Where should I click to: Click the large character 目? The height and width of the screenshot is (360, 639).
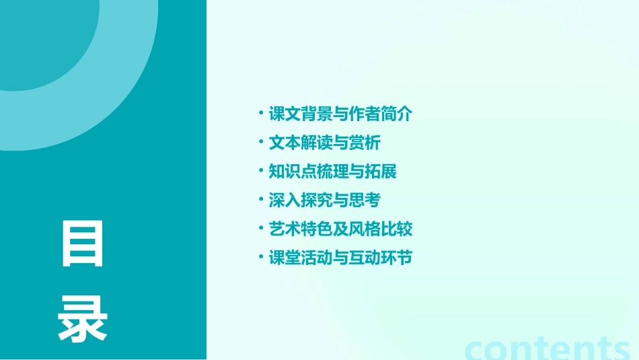pyautogui.click(x=83, y=244)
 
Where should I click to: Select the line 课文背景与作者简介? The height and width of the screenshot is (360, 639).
pyautogui.click(x=340, y=114)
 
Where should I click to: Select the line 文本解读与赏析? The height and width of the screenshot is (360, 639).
pyautogui.click(x=325, y=143)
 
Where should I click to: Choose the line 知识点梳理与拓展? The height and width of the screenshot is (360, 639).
pyautogui.click(x=333, y=172)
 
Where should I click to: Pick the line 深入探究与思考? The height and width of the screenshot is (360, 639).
pyautogui.click(x=325, y=200)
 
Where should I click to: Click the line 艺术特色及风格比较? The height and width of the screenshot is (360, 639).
pyautogui.click(x=340, y=229)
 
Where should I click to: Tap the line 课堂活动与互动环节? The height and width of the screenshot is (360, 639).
pyautogui.click(x=340, y=258)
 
